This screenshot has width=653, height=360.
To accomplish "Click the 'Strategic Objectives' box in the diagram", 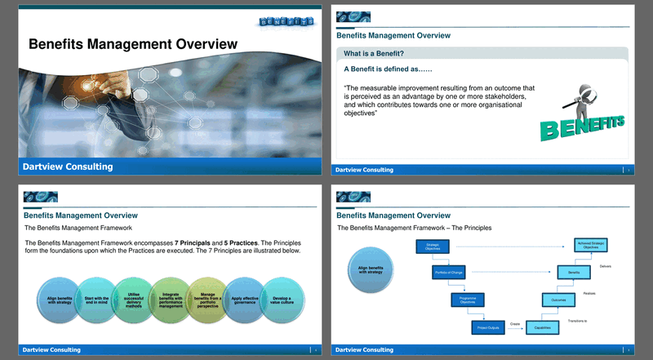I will click(433, 247).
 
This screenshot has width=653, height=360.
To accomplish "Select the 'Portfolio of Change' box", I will click(448, 273).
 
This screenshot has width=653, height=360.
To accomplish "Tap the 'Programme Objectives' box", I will click(468, 300).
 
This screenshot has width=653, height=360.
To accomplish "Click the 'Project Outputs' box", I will click(486, 327).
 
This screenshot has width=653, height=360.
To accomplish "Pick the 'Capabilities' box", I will click(544, 327).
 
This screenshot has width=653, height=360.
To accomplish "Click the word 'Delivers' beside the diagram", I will click(605, 266).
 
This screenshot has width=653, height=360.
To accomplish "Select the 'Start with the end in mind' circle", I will click(96, 301).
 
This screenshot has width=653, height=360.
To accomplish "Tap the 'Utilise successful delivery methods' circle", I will click(133, 301).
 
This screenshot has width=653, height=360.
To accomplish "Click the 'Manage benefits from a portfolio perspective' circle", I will click(207, 301).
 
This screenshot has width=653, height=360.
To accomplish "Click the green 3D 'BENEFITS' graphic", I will click(583, 123).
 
